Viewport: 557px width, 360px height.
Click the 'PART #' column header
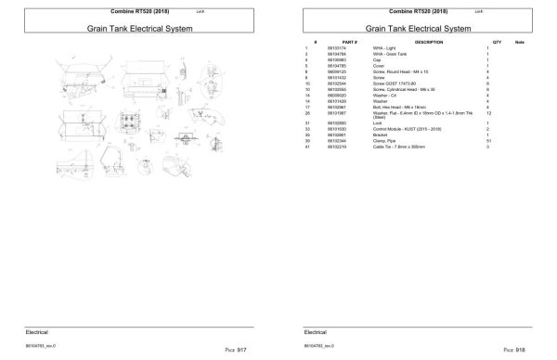point(349,43)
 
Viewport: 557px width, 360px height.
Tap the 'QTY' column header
point(497,43)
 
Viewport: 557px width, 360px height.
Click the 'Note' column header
point(520,43)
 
